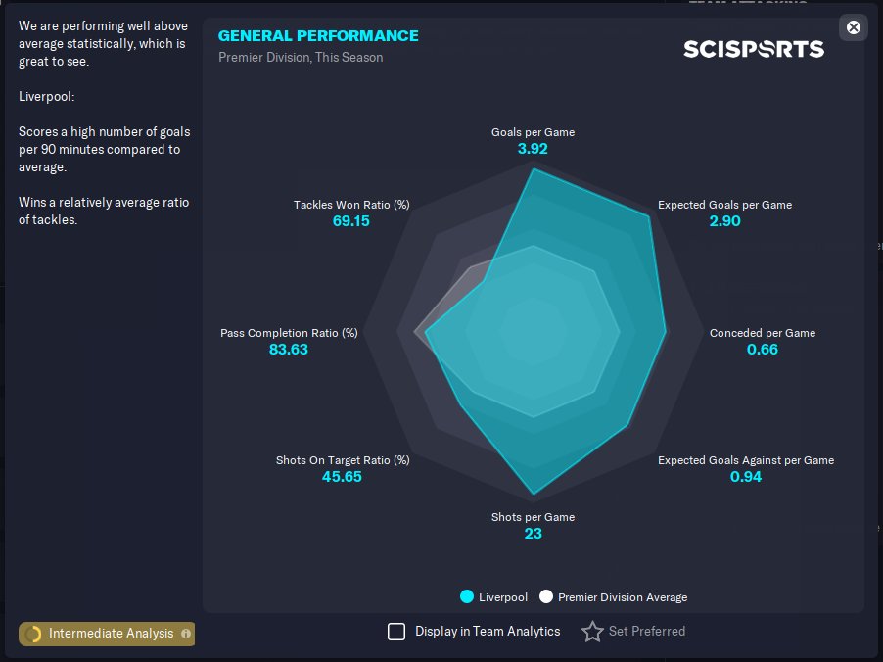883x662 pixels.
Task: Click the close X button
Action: (854, 27)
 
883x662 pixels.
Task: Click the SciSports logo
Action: (754, 49)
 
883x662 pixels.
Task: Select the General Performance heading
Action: (318, 35)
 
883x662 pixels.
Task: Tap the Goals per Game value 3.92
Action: (533, 149)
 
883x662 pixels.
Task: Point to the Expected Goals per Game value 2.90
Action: (724, 221)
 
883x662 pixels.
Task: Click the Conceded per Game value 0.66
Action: (762, 350)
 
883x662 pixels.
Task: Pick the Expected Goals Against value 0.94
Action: (746, 477)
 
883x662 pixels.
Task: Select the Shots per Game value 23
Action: (533, 534)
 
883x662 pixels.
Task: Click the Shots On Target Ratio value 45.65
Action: (342, 477)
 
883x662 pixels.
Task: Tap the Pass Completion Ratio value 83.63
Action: (289, 350)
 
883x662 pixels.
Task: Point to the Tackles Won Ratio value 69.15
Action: (350, 221)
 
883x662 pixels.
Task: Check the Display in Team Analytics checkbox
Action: (396, 632)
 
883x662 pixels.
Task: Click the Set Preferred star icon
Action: (592, 632)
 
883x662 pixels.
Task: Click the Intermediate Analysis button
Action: (107, 634)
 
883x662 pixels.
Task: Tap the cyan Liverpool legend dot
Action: (467, 596)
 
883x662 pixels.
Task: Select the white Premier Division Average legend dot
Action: (545, 596)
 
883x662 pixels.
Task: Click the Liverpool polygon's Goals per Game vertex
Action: (533, 167)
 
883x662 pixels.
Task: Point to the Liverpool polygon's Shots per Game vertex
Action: (534, 495)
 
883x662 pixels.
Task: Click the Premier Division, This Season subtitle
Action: (301, 58)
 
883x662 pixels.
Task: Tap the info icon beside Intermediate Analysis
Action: (185, 634)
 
